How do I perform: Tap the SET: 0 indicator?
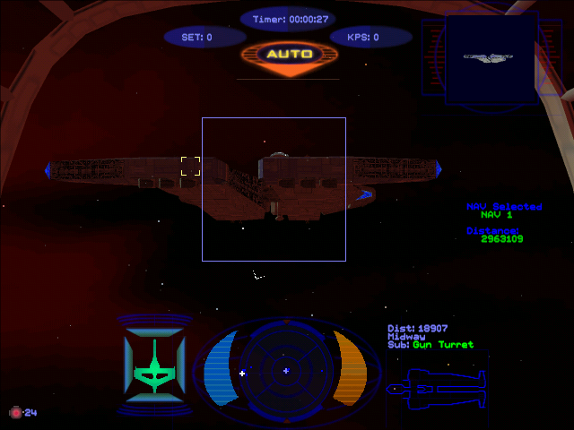click(x=197, y=38)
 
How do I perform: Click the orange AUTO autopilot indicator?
click(x=290, y=55)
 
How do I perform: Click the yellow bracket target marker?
click(x=190, y=166)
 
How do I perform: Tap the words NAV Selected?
click(x=504, y=207)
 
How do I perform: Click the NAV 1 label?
click(x=496, y=215)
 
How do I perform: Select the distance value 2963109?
click(x=501, y=239)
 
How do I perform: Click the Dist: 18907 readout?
click(x=418, y=329)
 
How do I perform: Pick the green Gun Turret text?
click(x=443, y=345)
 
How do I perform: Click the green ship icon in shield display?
click(x=153, y=368)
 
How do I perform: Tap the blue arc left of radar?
click(x=218, y=368)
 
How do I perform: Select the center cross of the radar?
click(x=286, y=370)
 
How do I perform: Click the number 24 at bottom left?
click(x=30, y=413)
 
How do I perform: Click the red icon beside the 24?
click(x=15, y=412)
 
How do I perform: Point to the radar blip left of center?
click(x=242, y=373)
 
